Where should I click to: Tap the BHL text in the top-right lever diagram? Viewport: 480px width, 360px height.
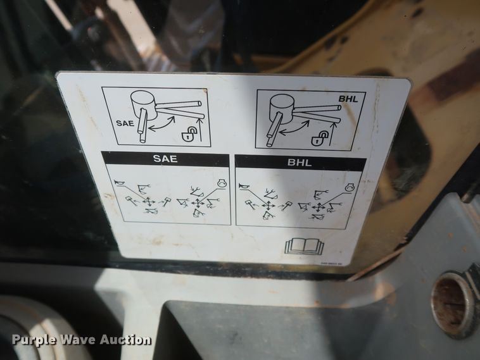pos(348,99)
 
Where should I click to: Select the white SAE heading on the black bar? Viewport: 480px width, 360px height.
pos(165,160)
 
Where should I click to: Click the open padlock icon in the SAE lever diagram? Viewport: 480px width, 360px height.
pos(188,133)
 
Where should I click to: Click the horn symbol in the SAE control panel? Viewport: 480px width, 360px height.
pos(119,183)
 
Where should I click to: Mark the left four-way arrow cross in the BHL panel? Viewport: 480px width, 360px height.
pos(268,205)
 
